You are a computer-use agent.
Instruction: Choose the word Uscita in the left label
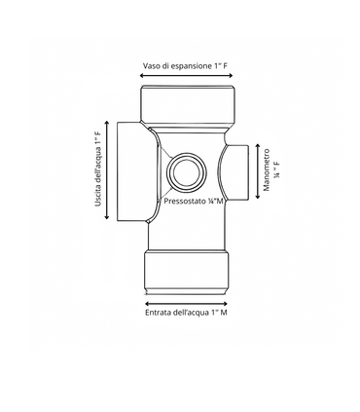click(x=99, y=203)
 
